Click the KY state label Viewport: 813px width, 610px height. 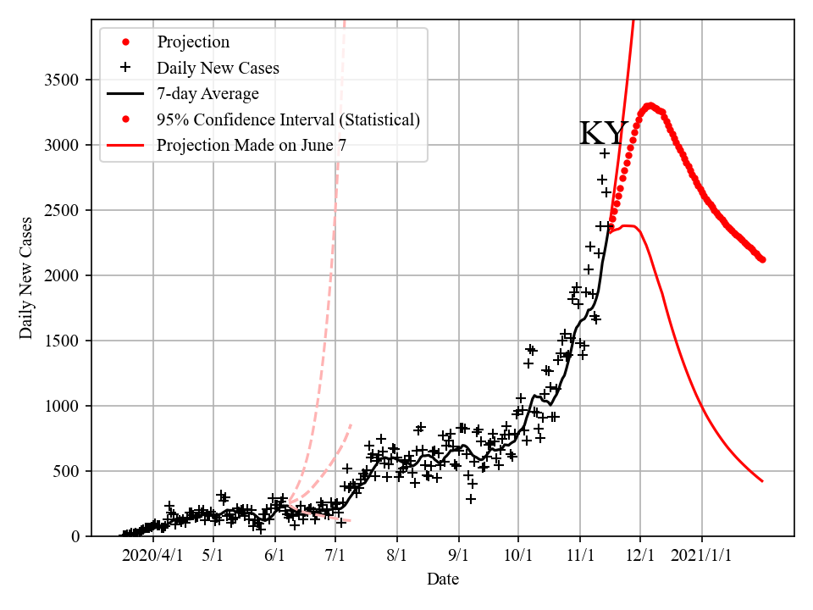(x=604, y=134)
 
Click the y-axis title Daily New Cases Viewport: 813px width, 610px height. (x=26, y=278)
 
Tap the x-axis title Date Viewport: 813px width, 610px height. (x=443, y=579)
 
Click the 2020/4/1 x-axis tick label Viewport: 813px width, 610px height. (x=152, y=557)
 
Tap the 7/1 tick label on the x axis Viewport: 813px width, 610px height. (x=335, y=557)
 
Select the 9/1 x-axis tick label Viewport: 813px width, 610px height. (x=458, y=557)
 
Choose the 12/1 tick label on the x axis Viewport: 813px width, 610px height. (x=640, y=557)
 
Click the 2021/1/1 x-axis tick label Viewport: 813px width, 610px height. (x=702, y=557)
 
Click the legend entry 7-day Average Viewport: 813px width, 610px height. (x=207, y=93)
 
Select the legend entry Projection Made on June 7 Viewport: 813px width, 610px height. (x=252, y=146)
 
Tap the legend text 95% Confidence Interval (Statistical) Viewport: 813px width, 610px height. (x=288, y=119)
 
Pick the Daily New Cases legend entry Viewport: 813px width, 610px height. (x=218, y=67)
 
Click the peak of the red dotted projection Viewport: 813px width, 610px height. (x=650, y=106)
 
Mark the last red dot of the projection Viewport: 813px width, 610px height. (x=763, y=259)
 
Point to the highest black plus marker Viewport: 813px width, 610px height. (x=605, y=153)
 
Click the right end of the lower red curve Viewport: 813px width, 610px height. (x=763, y=481)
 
